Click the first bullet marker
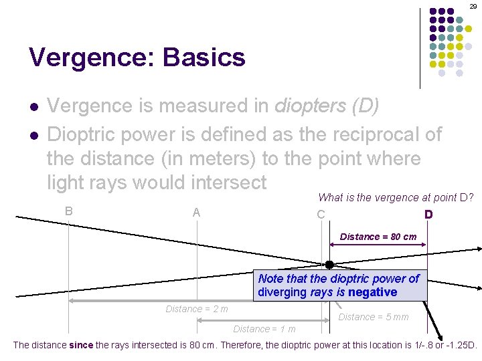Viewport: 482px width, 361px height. point(32,107)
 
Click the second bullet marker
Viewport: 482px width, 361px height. point(32,136)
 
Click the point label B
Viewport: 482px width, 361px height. point(69,211)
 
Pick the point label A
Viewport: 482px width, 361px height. point(196,213)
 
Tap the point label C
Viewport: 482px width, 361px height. point(321,215)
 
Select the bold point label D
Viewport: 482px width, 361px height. point(428,215)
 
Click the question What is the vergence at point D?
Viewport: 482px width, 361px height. point(396,197)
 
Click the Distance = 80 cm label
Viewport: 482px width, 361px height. point(378,237)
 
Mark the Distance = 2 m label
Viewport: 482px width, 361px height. point(197,309)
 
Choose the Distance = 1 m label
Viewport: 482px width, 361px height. point(264,329)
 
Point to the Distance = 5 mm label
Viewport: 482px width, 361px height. point(373,317)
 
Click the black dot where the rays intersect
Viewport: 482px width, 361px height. point(329,265)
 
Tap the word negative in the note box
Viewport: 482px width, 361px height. point(371,292)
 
